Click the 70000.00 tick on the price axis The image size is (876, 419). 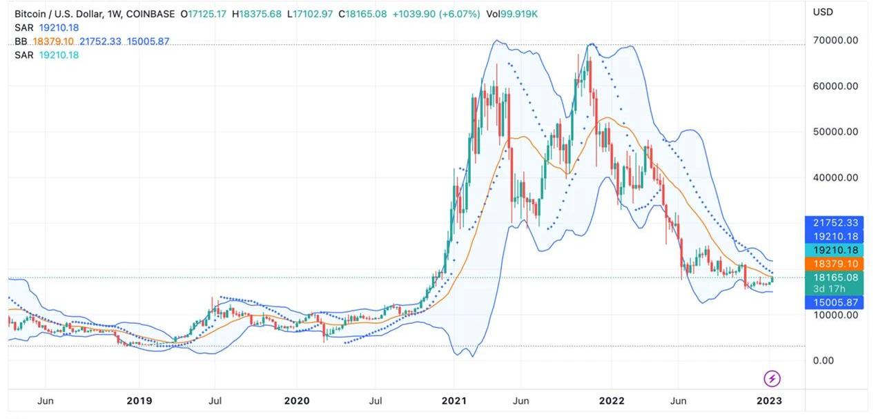[x=835, y=41]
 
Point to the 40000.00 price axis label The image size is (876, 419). [x=835, y=177]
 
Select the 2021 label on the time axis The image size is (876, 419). [x=455, y=400]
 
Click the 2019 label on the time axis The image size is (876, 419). [x=139, y=400]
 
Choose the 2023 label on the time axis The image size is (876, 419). [x=769, y=400]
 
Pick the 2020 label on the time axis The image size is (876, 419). [x=297, y=400]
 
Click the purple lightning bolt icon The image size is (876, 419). [x=772, y=378]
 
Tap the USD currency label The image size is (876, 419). [x=823, y=12]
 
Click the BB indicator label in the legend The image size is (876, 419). [x=21, y=41]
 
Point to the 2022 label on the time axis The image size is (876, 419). [x=612, y=400]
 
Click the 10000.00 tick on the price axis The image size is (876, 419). [x=835, y=315]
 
